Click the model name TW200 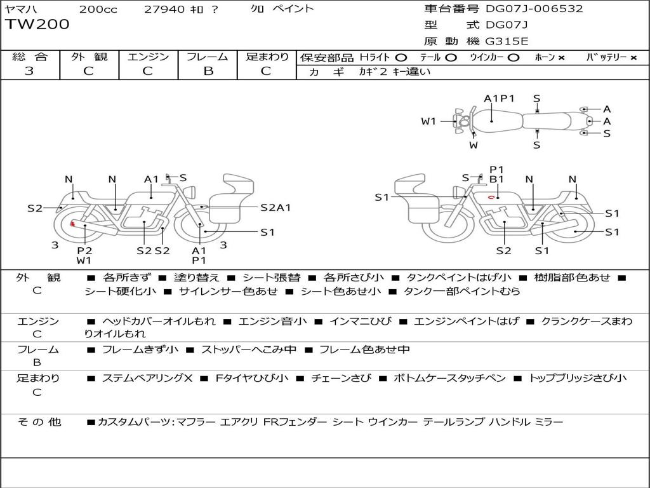(37, 25)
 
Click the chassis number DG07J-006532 (534, 9)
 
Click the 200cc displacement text (98, 9)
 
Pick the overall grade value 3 (29, 71)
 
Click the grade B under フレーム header (208, 71)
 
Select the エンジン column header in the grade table (148, 57)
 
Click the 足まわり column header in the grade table (267, 57)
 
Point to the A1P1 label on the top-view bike (499, 98)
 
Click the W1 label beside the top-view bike (429, 121)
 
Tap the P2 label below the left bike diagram (84, 250)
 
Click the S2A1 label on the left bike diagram (275, 207)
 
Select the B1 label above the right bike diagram (496, 180)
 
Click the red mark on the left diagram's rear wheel (72, 224)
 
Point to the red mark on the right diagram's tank (491, 198)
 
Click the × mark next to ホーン (561, 57)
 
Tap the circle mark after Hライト (402, 57)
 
